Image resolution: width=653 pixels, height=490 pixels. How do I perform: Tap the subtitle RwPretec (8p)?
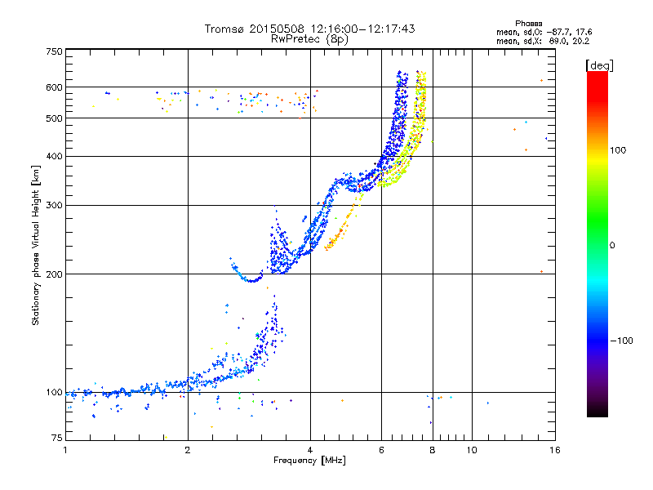coord(309,39)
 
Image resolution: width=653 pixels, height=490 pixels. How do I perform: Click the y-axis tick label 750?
coord(55,51)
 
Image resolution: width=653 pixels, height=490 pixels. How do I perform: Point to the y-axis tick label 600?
coord(55,87)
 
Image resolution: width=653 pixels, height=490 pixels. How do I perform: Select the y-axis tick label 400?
coord(55,156)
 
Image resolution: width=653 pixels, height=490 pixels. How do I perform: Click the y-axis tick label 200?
coord(55,274)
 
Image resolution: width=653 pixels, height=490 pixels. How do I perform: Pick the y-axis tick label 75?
coord(57,438)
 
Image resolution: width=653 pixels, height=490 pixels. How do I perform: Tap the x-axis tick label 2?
coord(188,450)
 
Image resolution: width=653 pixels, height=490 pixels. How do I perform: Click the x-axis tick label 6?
coord(381,450)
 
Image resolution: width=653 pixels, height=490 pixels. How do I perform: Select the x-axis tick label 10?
coord(472,450)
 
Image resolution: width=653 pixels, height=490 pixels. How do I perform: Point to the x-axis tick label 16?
coord(555,450)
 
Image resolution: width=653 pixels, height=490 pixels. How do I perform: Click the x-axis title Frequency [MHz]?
coord(309,461)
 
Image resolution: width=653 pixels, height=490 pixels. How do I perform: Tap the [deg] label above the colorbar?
coord(599,65)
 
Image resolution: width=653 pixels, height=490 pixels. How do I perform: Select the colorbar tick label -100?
coord(621,341)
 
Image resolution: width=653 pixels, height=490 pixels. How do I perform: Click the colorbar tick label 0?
coord(612,246)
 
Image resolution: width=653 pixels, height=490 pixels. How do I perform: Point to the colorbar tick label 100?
coord(618,150)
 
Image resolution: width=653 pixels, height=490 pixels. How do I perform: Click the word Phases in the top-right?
coord(528,24)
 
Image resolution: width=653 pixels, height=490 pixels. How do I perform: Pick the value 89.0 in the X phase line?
coord(557,42)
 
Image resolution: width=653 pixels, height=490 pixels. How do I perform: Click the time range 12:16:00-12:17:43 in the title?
coord(362,29)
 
